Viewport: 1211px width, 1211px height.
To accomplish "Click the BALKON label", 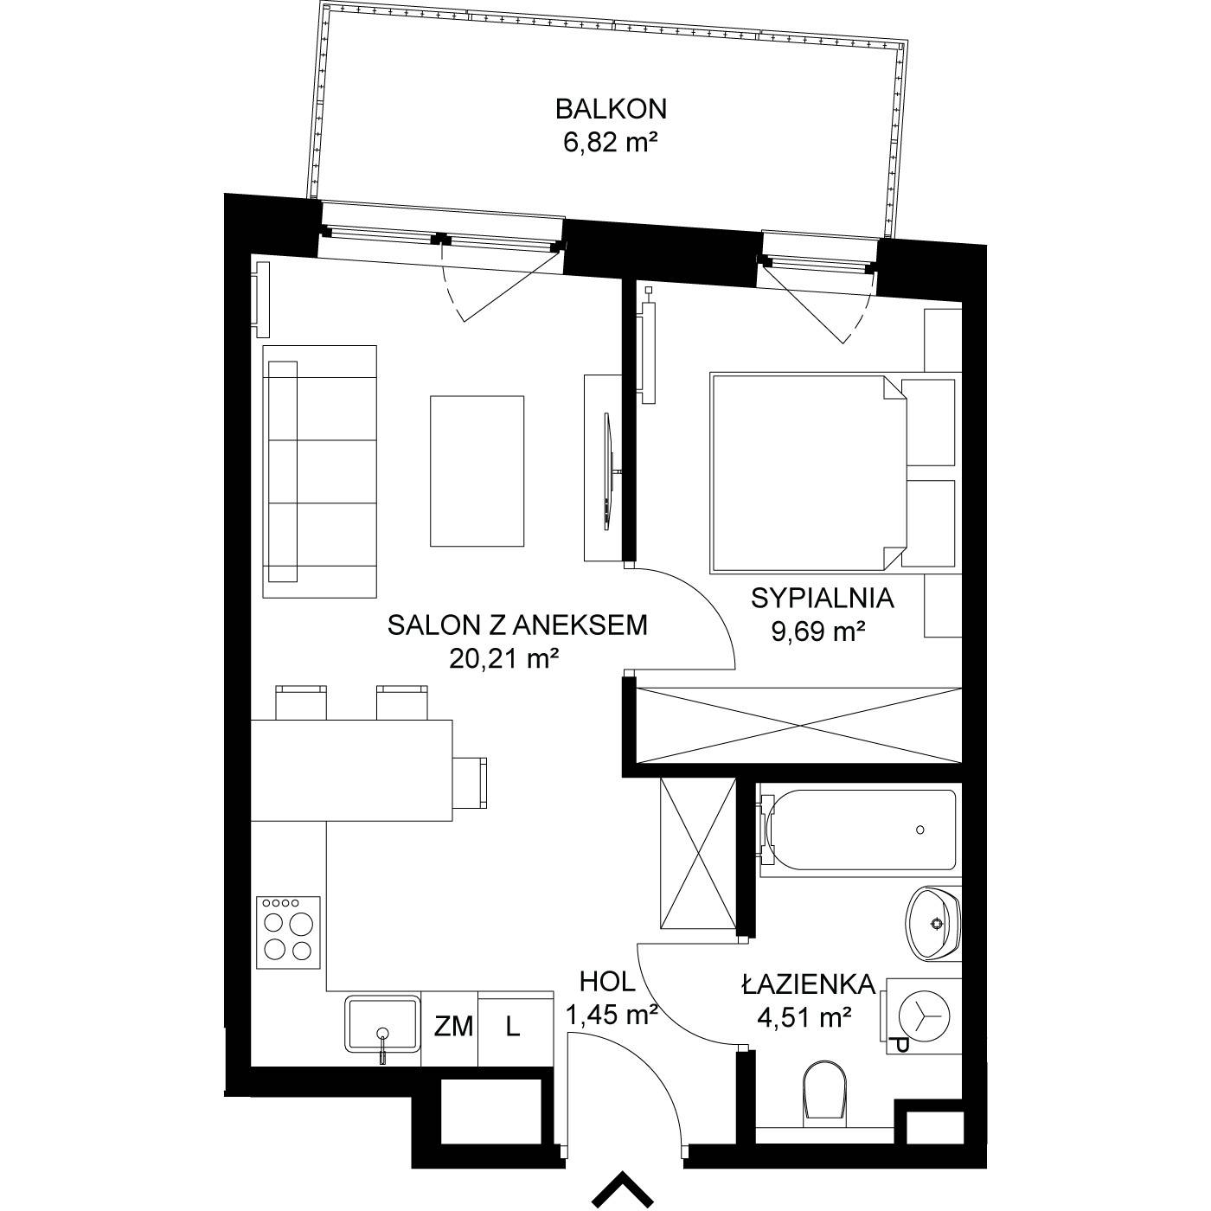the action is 611,109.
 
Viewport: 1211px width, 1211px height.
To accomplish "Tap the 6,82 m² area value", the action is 610,144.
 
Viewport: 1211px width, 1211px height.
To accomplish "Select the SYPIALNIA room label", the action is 822,599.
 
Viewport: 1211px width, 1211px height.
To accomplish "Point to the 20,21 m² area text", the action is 504,658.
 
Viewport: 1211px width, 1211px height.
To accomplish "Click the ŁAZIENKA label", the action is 809,984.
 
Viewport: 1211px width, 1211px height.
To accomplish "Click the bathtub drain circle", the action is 920,830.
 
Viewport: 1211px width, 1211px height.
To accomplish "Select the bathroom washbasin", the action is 933,924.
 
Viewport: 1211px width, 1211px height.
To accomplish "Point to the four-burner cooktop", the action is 288,932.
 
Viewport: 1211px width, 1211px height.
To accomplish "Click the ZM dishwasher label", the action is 454,1027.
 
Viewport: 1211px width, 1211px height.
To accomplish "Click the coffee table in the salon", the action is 477,471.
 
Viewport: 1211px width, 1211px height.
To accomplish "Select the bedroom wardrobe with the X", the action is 798,726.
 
